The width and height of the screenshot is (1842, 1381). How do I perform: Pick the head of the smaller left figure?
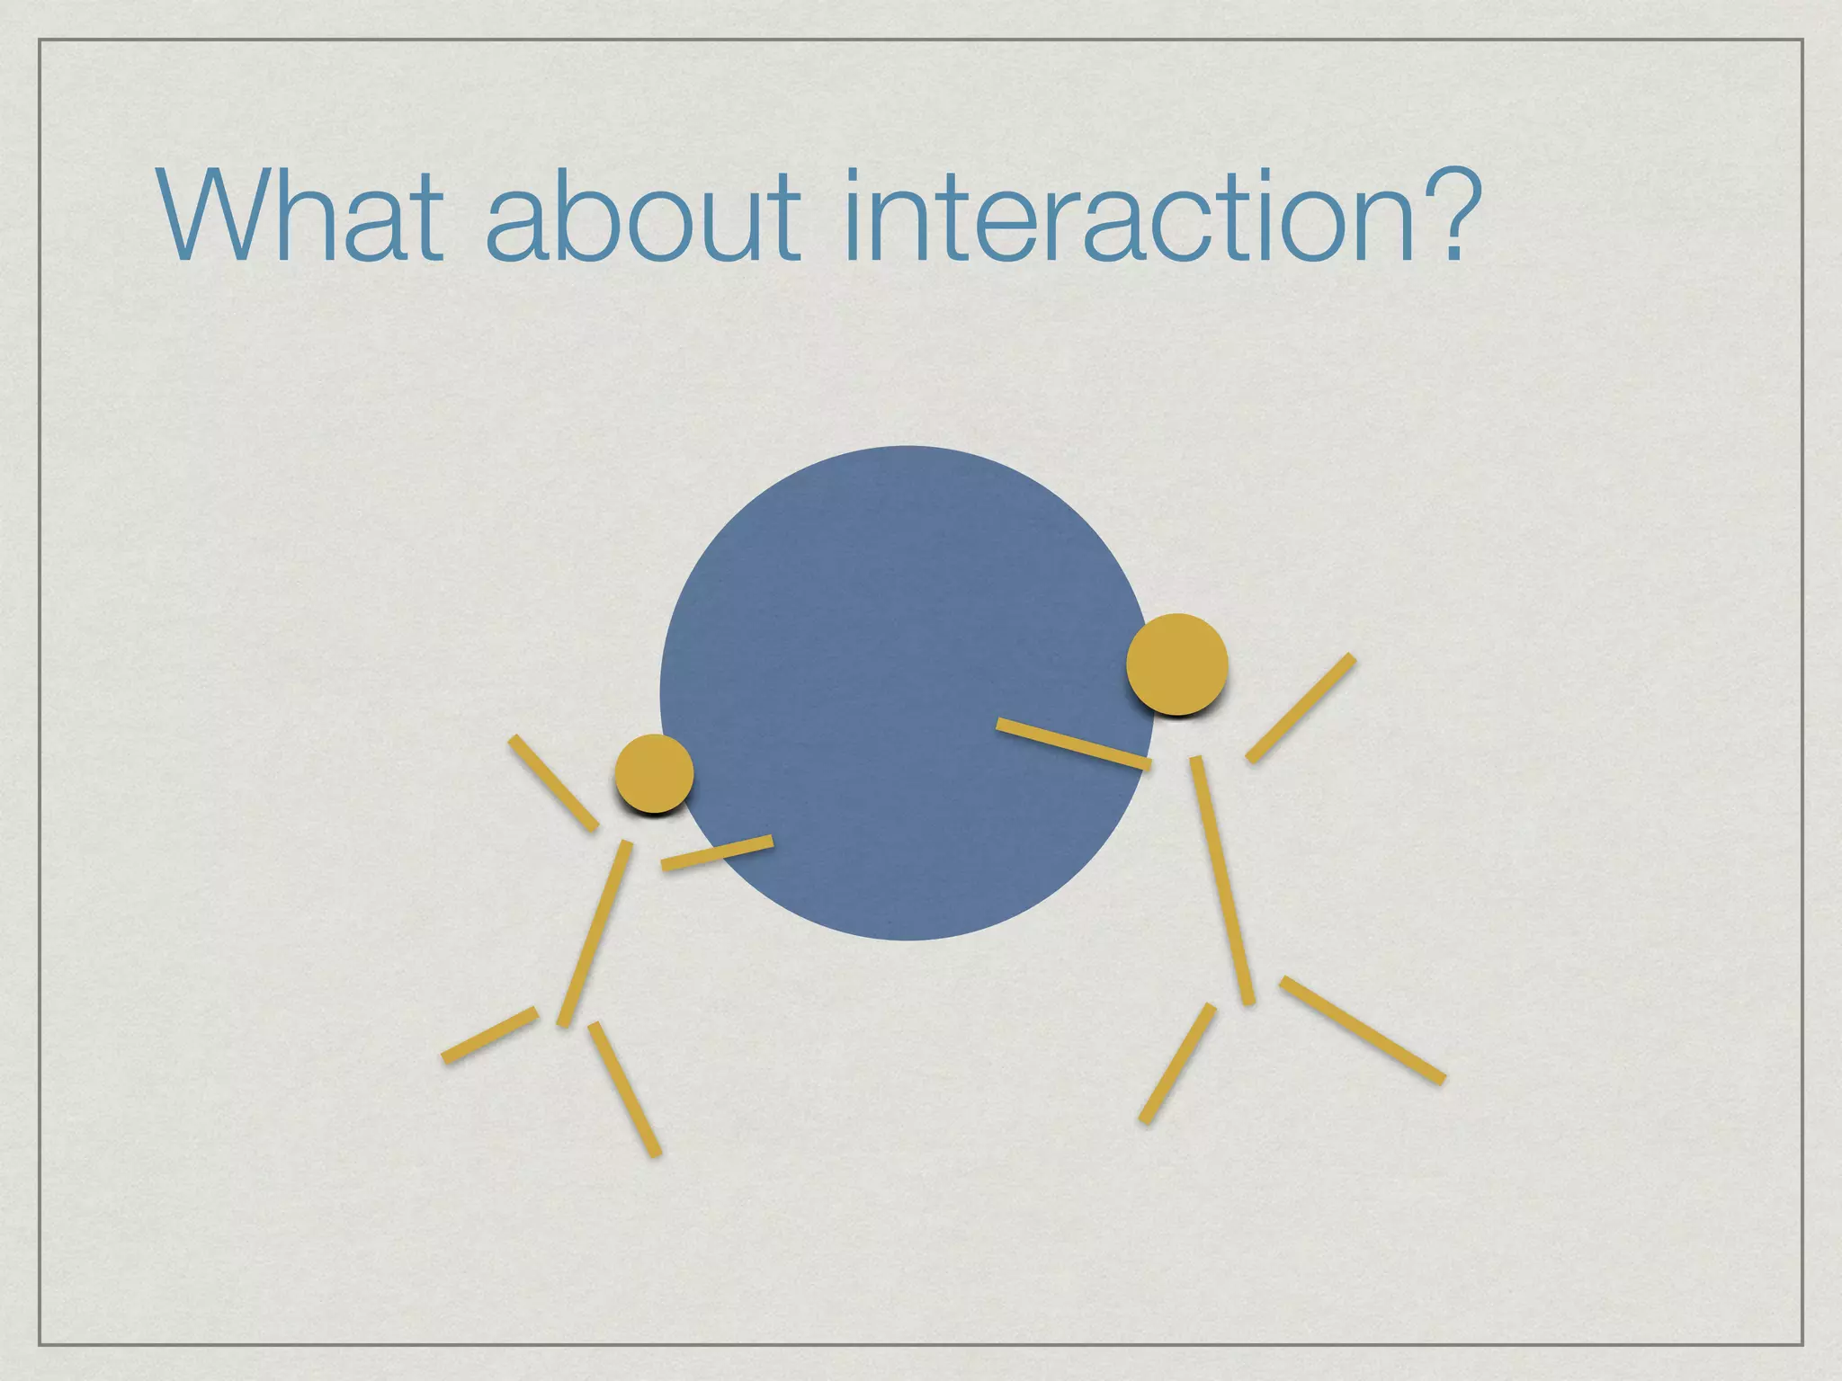654,772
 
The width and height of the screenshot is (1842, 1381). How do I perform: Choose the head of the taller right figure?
1176,664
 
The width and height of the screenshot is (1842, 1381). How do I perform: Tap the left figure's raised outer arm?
553,782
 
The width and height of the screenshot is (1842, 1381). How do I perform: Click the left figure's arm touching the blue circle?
717,852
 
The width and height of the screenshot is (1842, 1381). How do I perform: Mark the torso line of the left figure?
595,932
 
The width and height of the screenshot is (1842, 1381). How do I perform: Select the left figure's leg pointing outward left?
489,1035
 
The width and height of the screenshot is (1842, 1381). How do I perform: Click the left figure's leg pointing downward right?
625,1088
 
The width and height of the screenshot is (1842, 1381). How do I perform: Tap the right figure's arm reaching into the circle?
1073,744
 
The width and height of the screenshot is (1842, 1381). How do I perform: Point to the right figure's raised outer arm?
1301,708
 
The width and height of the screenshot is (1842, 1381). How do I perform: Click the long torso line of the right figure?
1222,879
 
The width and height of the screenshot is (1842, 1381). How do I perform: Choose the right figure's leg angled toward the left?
1177,1063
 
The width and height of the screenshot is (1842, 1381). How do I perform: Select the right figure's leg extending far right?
1363,1029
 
